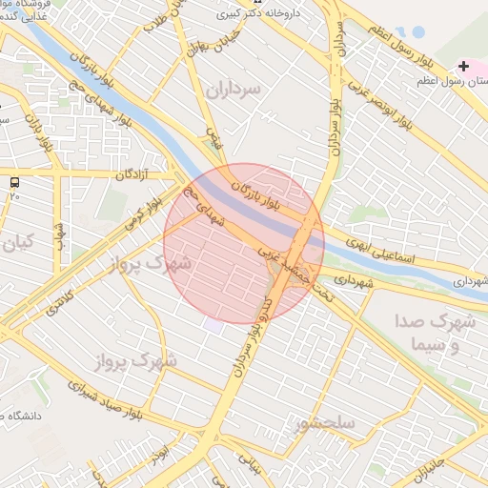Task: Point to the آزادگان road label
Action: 135,174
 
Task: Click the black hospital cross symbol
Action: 463,67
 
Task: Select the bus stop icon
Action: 13,181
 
